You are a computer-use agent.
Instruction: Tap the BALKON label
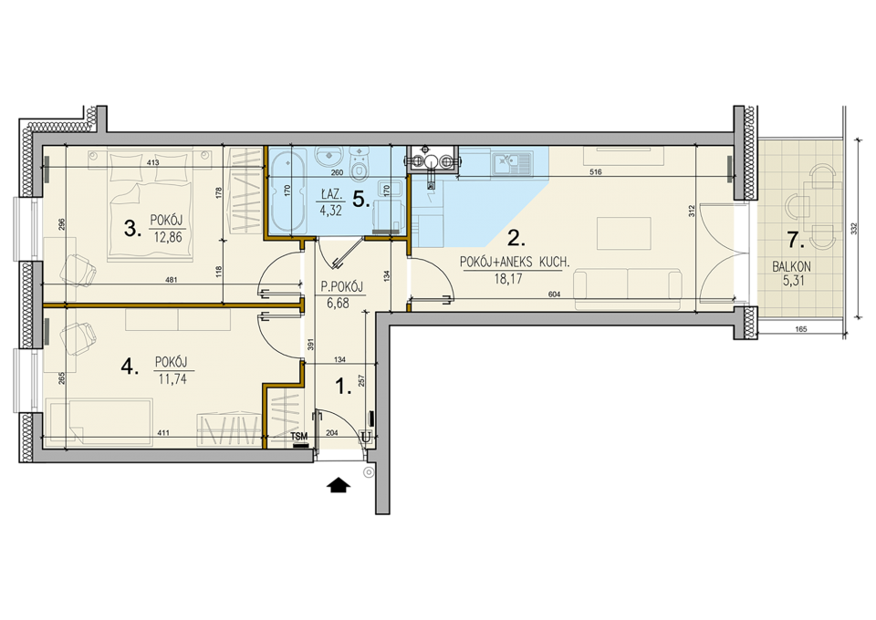tap(791, 267)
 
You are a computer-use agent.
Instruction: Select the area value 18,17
tap(508, 279)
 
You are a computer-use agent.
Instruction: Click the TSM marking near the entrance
tap(299, 437)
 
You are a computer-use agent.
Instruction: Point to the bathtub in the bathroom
tap(287, 189)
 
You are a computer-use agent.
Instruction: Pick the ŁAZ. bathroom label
tap(330, 195)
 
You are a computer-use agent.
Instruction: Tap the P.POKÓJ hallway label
tap(341, 287)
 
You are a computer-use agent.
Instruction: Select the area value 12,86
tap(167, 237)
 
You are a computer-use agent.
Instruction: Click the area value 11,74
tap(172, 379)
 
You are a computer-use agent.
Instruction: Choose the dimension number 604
tap(555, 294)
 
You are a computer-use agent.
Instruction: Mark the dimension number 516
tap(596, 172)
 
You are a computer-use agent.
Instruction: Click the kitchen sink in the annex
tap(511, 161)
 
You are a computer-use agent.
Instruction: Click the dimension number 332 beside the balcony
tap(854, 229)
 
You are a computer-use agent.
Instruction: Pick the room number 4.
tap(130, 367)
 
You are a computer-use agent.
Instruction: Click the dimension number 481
tap(172, 280)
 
